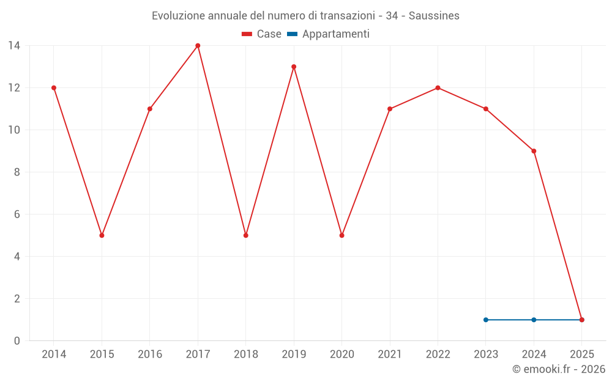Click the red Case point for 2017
pos(198,46)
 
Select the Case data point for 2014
pos(54,88)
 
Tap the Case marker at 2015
pos(102,235)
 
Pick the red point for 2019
pos(294,67)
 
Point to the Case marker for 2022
pos(438,88)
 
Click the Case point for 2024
pos(534,151)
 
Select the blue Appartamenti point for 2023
pos(486,320)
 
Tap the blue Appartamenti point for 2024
pos(534,320)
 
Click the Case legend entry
pos(261,34)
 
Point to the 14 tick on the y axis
pos(14,46)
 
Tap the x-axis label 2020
pos(341,354)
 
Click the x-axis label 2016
pos(150,354)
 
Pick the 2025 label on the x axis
pos(581,354)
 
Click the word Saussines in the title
pos(433,16)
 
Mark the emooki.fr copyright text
pos(558,369)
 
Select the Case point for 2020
pos(341,235)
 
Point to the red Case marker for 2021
pos(390,109)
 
